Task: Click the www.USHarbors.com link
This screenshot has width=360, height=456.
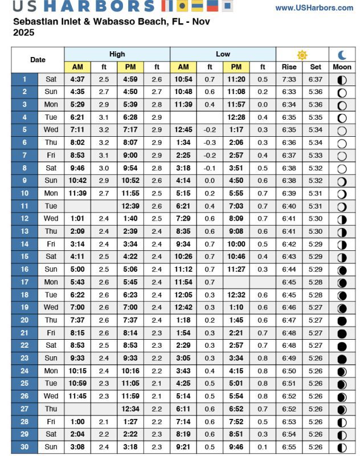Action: [314, 8]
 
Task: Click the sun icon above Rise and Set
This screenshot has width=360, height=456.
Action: [302, 55]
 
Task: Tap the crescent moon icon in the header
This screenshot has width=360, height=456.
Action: [342, 55]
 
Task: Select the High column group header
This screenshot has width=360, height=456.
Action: [117, 54]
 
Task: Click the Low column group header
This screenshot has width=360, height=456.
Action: [223, 54]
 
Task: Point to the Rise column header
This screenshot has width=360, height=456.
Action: [289, 67]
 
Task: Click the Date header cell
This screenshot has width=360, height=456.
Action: [38, 60]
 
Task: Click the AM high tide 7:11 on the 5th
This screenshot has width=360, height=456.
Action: [77, 130]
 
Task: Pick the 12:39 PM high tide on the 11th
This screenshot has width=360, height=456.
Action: [130, 206]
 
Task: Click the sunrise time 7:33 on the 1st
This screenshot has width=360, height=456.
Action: [289, 79]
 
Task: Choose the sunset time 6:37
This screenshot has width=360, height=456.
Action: [315, 79]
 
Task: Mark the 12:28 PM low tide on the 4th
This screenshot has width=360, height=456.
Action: [236, 117]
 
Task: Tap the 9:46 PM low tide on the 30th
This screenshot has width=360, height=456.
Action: [236, 447]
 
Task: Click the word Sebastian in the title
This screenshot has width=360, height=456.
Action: [36, 22]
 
